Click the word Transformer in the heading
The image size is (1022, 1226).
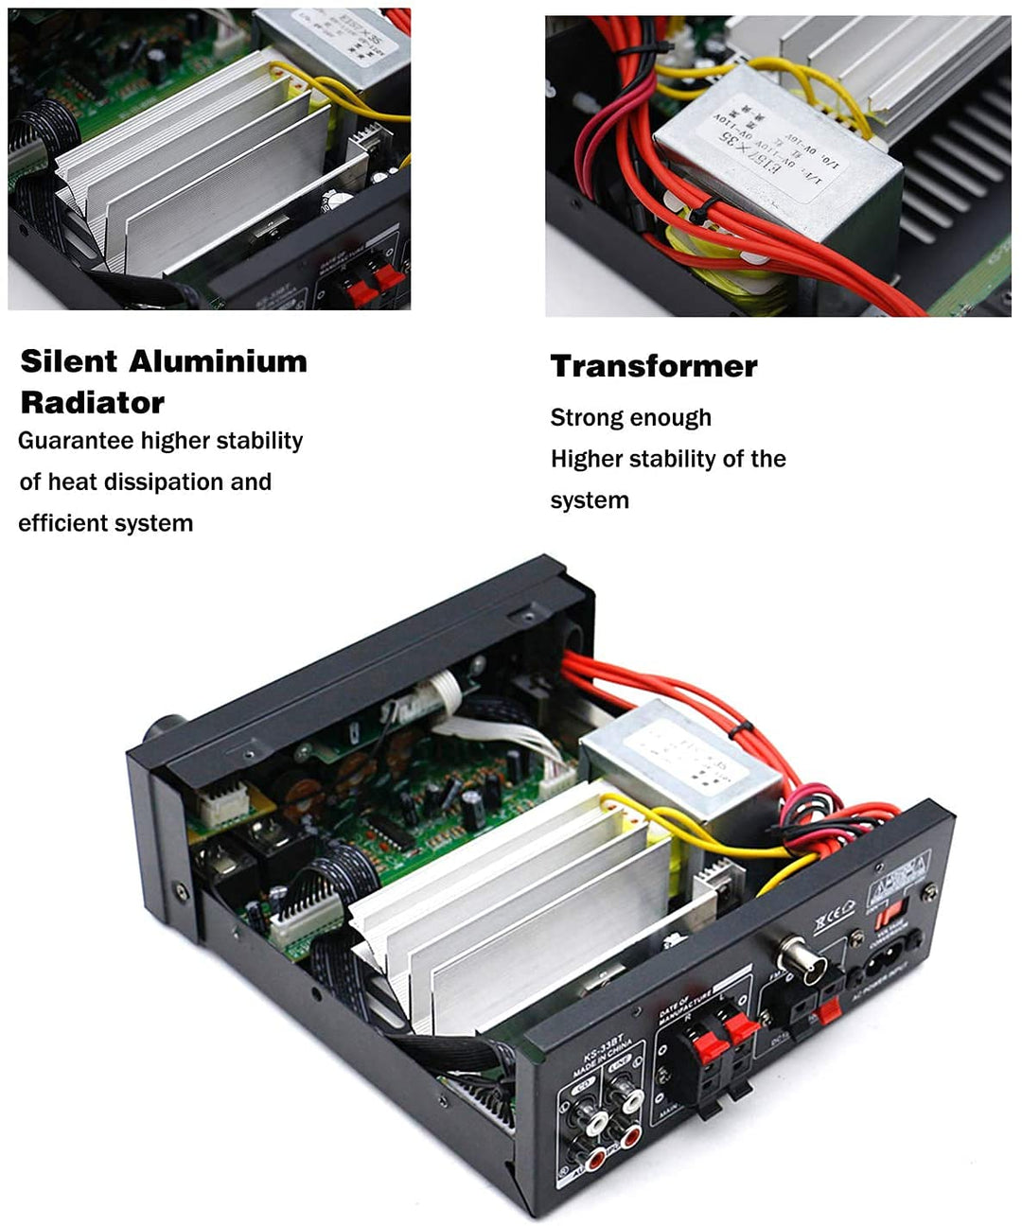coord(654,366)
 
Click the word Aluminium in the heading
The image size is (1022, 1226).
coord(219,361)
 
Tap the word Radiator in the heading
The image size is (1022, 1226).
coord(92,403)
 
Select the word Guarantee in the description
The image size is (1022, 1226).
coord(76,441)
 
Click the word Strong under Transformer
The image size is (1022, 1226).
coord(586,418)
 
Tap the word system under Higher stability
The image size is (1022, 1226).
coord(589,500)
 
